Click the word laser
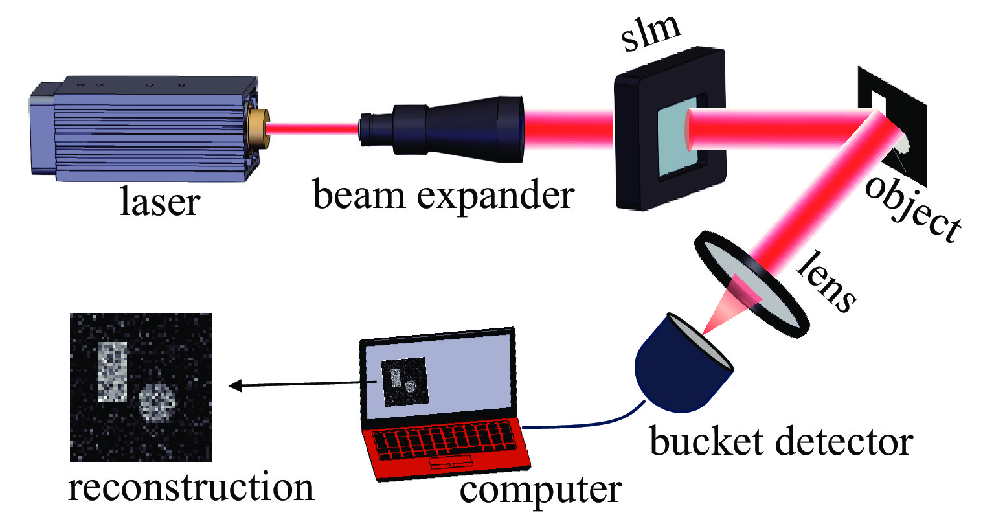pos(160,201)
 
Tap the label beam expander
pos(444,194)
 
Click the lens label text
pos(826,281)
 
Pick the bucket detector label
pos(781,442)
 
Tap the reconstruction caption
pos(191,487)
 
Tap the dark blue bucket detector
pos(680,369)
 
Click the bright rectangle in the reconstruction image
pos(112,371)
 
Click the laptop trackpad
pos(451,464)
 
